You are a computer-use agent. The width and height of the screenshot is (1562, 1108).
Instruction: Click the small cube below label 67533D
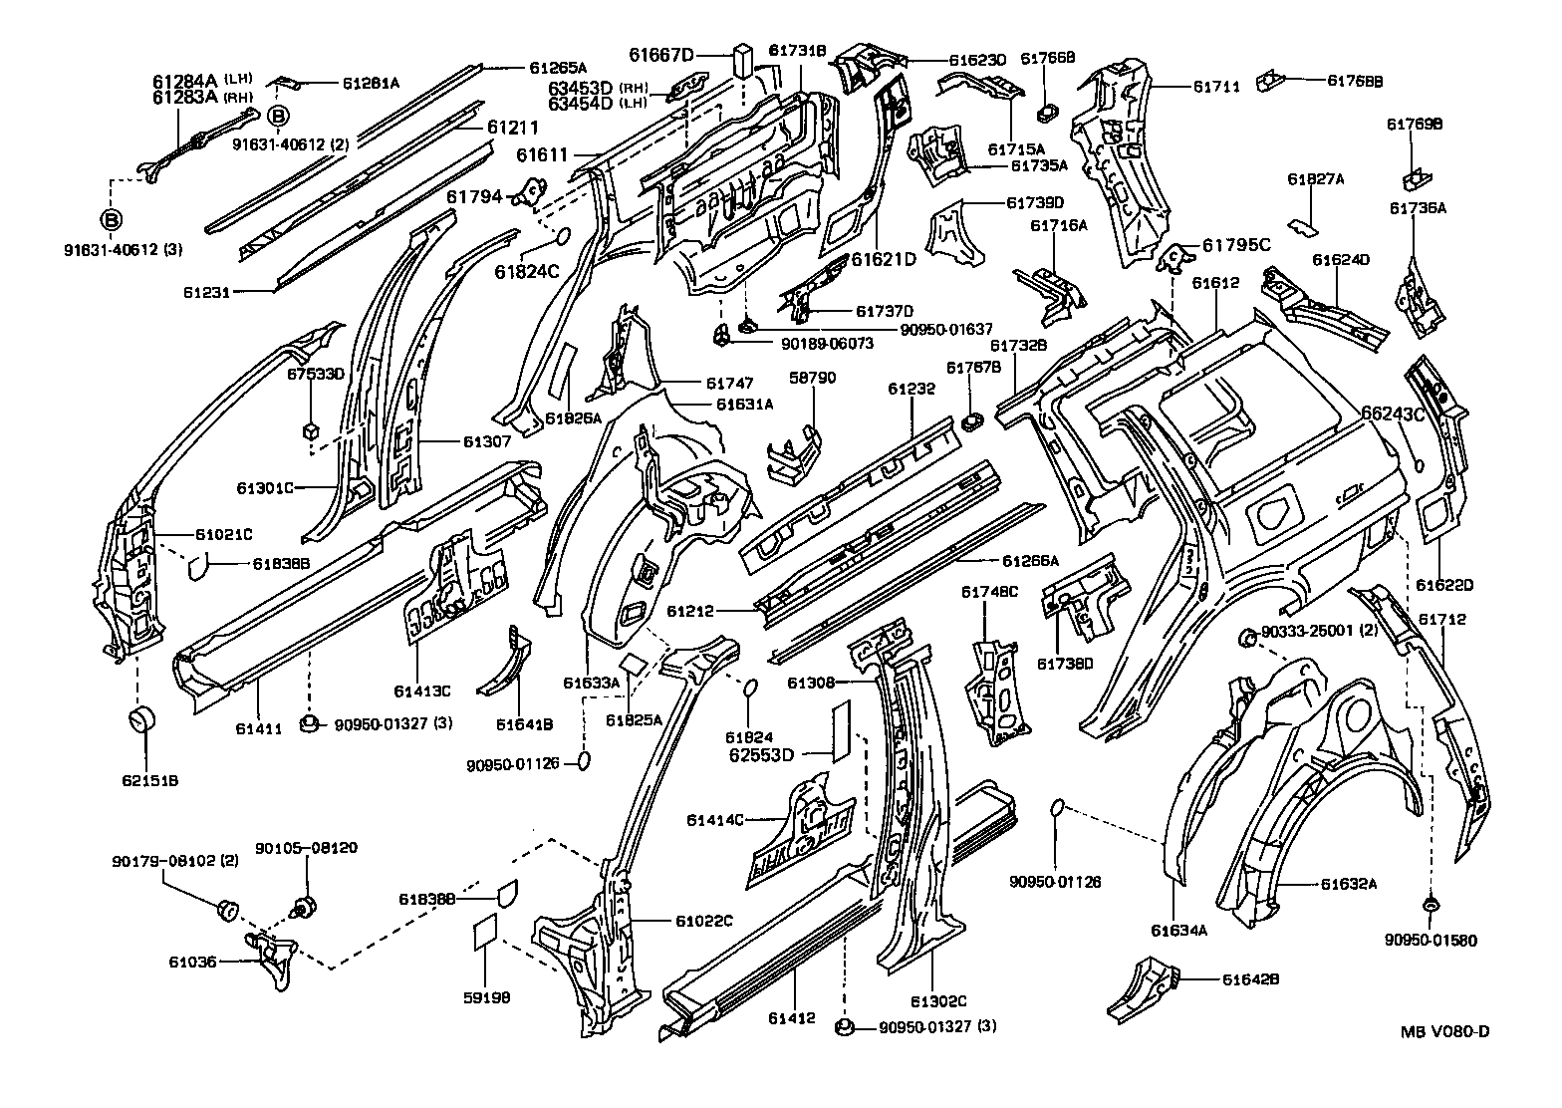pos(310,429)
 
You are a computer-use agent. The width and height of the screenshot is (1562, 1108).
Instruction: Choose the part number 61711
pos(1216,87)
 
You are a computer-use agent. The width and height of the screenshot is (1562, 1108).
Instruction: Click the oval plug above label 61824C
pos(560,236)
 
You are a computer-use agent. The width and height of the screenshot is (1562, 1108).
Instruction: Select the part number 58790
pos(813,378)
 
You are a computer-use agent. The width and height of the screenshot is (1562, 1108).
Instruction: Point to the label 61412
pos(792,1017)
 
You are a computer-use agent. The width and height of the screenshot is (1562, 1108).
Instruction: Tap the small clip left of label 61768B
pos(1270,77)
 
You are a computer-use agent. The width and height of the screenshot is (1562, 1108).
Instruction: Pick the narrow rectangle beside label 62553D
pos(841,729)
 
